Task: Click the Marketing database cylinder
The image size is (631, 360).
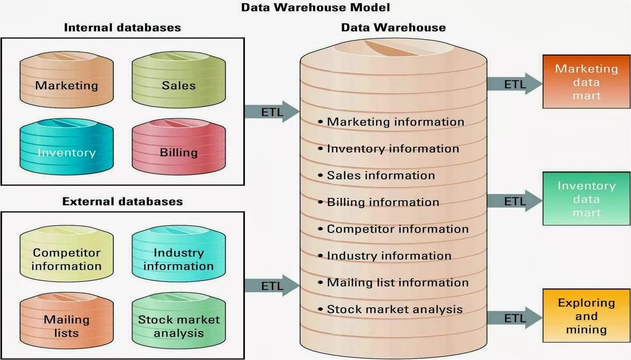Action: [x=66, y=81]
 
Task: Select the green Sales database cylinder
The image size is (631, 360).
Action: [x=178, y=81]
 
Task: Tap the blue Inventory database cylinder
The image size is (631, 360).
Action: [x=66, y=148]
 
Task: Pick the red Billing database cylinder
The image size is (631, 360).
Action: [x=178, y=148]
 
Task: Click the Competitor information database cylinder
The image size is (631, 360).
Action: [x=66, y=254]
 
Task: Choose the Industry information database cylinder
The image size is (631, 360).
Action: [x=178, y=254]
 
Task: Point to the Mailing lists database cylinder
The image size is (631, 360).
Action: [x=66, y=321]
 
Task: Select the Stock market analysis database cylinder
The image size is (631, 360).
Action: [x=178, y=321]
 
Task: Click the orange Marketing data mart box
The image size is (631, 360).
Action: [x=586, y=82]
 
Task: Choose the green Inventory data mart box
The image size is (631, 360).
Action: [x=586, y=199]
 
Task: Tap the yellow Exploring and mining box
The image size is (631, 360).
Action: [x=586, y=315]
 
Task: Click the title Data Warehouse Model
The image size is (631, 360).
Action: [x=315, y=7]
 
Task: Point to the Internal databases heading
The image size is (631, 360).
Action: [x=122, y=28]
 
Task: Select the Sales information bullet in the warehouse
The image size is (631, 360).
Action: [x=380, y=175]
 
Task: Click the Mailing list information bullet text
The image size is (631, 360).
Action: [x=397, y=282]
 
